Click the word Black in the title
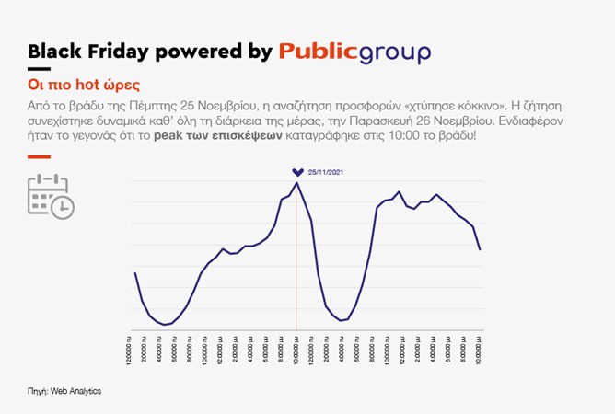click(54, 52)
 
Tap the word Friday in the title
click(121, 52)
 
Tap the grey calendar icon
click(49, 196)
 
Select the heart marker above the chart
click(296, 172)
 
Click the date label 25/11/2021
click(323, 172)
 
